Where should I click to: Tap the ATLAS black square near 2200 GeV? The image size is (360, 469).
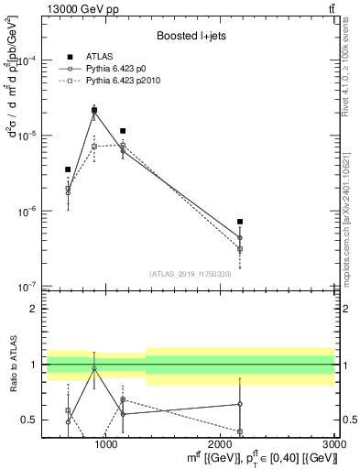tap(240, 222)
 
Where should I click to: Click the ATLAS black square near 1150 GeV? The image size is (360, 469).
tap(123, 131)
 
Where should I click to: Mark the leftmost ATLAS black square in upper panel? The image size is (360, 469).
tap(68, 169)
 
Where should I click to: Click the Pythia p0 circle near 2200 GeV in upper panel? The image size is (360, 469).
tap(240, 237)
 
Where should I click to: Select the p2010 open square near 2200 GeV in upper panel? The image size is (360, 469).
tap(240, 248)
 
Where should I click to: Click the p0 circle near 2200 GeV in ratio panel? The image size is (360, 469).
tap(240, 404)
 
